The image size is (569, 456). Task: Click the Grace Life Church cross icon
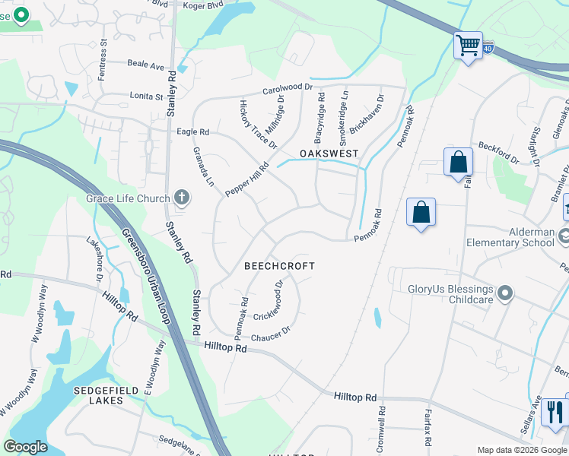tap(181, 198)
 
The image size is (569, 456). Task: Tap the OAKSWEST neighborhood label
tap(328, 154)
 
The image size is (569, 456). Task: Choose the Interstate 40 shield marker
tap(487, 49)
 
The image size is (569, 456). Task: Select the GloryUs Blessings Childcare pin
tap(504, 293)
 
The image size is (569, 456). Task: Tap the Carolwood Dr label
tap(288, 88)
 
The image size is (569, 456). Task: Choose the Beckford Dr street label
tap(498, 154)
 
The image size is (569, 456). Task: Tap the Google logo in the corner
tap(25, 447)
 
